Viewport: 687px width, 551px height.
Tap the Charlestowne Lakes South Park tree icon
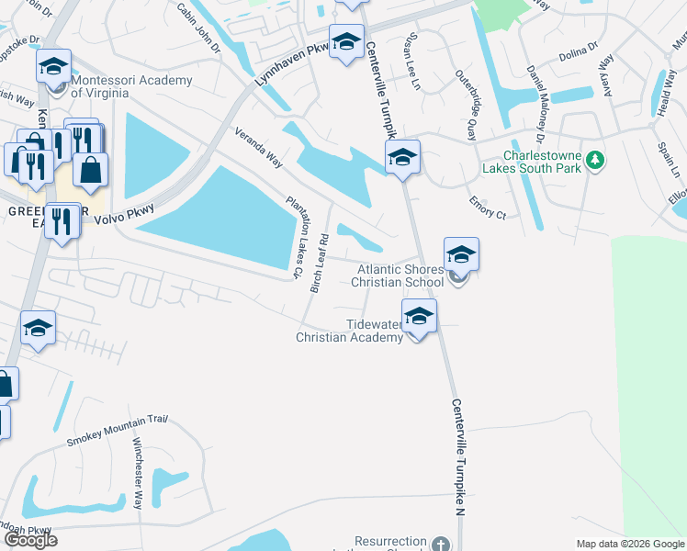click(596, 161)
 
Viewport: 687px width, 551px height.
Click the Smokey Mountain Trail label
click(117, 431)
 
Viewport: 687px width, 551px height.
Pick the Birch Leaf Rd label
click(319, 263)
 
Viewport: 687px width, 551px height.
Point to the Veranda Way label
click(258, 147)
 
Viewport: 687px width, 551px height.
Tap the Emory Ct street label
click(487, 208)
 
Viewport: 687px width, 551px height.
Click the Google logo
click(30, 540)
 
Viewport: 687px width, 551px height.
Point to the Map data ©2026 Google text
click(629, 543)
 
